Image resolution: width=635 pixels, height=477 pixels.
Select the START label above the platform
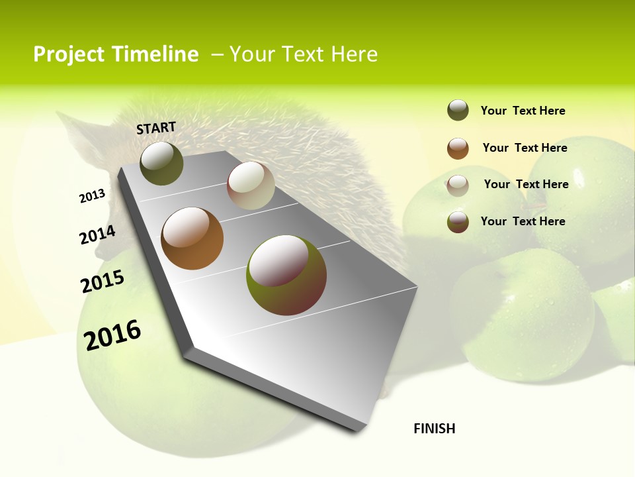(156, 128)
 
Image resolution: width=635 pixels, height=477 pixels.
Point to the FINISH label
(435, 429)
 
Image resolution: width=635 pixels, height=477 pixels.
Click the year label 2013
(92, 196)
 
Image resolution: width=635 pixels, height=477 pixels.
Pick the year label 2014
(97, 235)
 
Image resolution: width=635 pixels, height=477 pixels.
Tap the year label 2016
(112, 335)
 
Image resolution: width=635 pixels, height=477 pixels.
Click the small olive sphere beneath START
(161, 163)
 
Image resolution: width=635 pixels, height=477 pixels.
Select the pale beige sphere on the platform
(251, 185)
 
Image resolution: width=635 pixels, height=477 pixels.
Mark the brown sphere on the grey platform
(192, 238)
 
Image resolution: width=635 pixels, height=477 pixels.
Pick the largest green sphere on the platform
(286, 275)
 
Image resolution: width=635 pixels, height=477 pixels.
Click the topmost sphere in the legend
(458, 110)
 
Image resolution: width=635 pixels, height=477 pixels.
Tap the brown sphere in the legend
(458, 148)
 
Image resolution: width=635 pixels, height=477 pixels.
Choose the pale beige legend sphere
(458, 185)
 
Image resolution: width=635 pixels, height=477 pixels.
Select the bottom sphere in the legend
(458, 222)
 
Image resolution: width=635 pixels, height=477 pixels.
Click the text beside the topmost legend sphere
(523, 111)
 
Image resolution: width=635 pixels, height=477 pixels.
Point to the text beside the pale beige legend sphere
(526, 184)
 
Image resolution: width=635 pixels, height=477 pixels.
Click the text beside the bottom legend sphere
(523, 221)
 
